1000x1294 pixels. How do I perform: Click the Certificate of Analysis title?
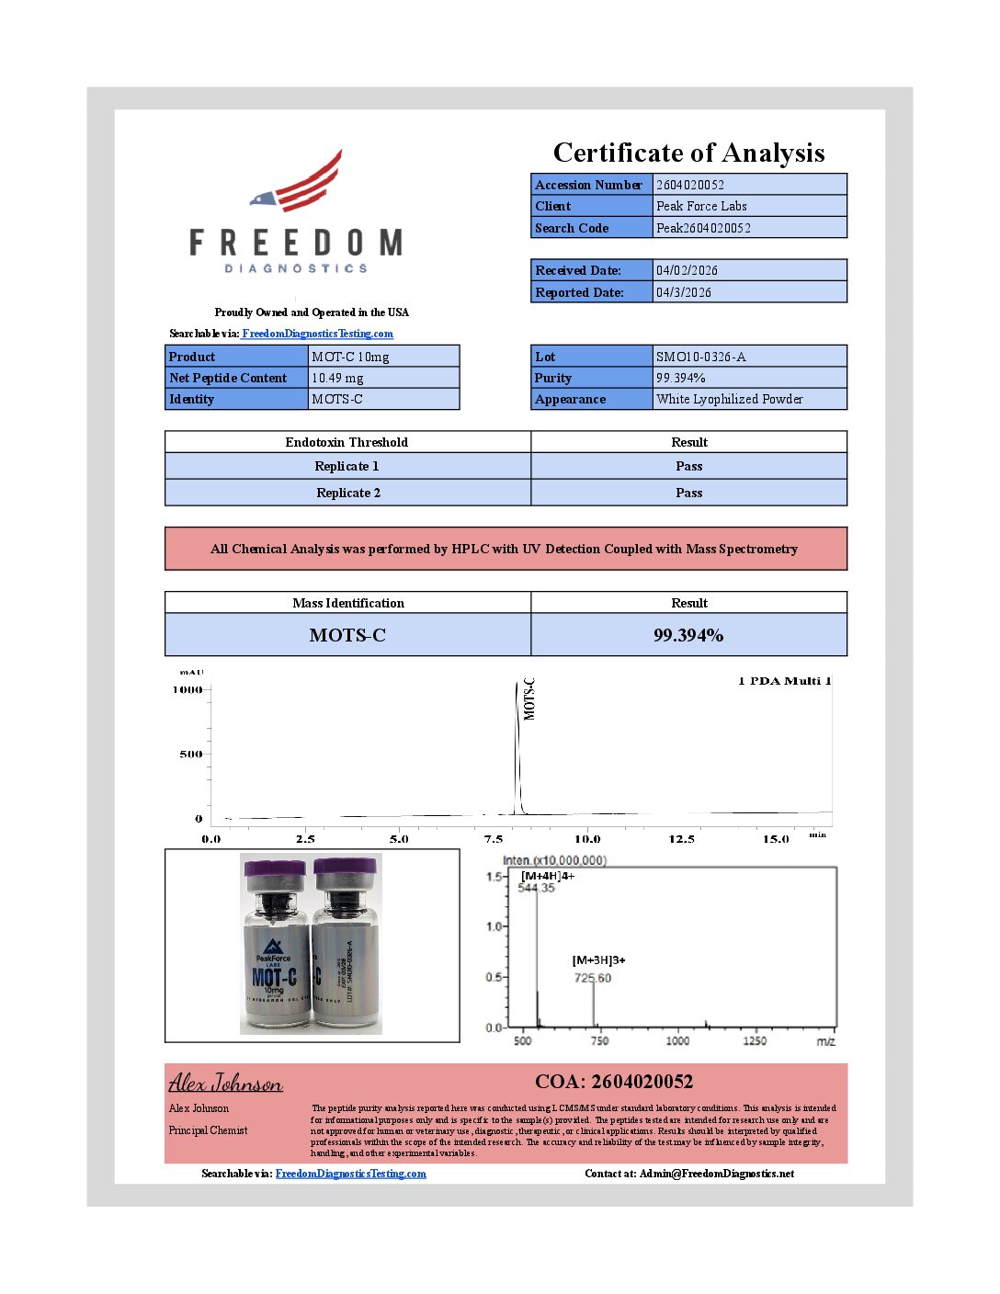(x=688, y=153)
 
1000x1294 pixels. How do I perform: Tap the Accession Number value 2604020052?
(x=690, y=185)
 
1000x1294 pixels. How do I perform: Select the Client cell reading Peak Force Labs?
(x=701, y=206)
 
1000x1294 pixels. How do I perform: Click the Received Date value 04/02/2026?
(x=687, y=270)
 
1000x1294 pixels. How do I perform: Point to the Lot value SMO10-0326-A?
(x=700, y=357)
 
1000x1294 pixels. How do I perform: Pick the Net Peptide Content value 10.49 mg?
(x=337, y=378)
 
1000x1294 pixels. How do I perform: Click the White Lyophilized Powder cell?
(x=729, y=399)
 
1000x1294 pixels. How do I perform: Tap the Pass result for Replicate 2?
(x=688, y=493)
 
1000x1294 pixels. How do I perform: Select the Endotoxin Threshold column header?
(x=347, y=442)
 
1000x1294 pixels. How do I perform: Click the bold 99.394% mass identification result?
(x=688, y=635)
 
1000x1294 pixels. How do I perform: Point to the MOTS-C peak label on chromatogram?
(x=529, y=699)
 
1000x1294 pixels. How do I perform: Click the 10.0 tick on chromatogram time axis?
(x=587, y=839)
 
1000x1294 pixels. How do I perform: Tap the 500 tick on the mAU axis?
(x=190, y=755)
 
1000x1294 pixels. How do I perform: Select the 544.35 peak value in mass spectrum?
(x=536, y=888)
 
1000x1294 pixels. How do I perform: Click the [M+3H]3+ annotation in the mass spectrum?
(x=598, y=960)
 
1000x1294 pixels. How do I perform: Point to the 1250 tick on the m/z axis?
(x=754, y=1041)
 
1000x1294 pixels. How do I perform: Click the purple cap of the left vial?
(x=275, y=868)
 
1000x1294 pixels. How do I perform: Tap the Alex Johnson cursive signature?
(x=225, y=1083)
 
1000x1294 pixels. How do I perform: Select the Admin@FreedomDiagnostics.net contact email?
(x=717, y=1174)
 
